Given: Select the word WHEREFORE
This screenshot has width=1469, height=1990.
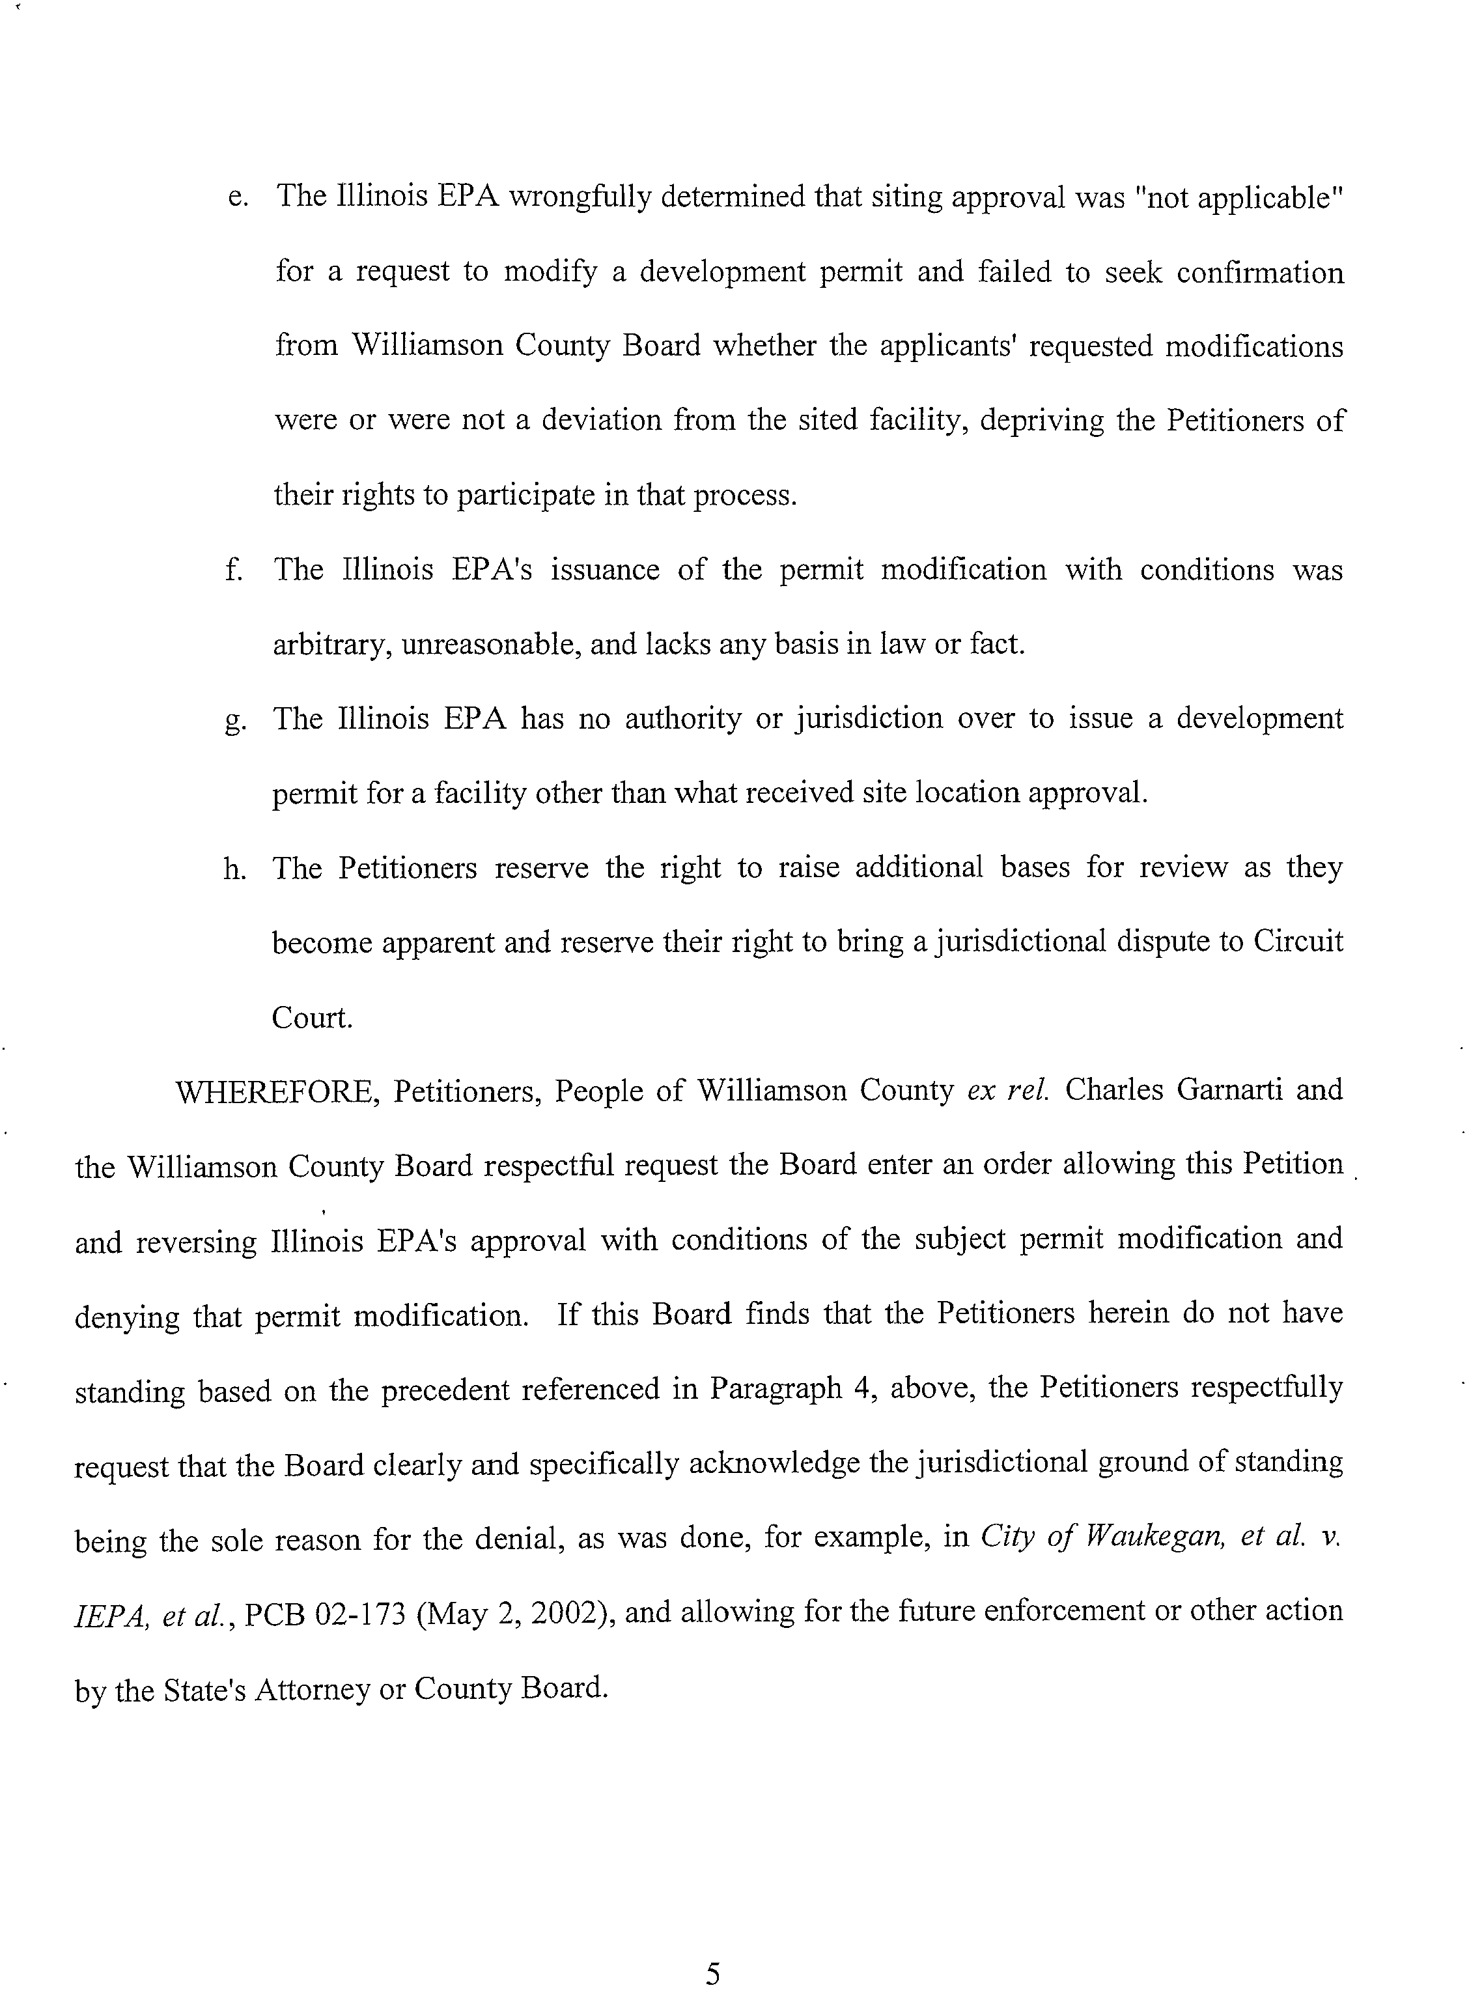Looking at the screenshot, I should pos(277,1091).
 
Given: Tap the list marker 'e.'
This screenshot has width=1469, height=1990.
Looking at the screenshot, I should pos(238,197).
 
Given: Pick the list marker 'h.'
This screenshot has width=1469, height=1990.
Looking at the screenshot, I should pos(235,869).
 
